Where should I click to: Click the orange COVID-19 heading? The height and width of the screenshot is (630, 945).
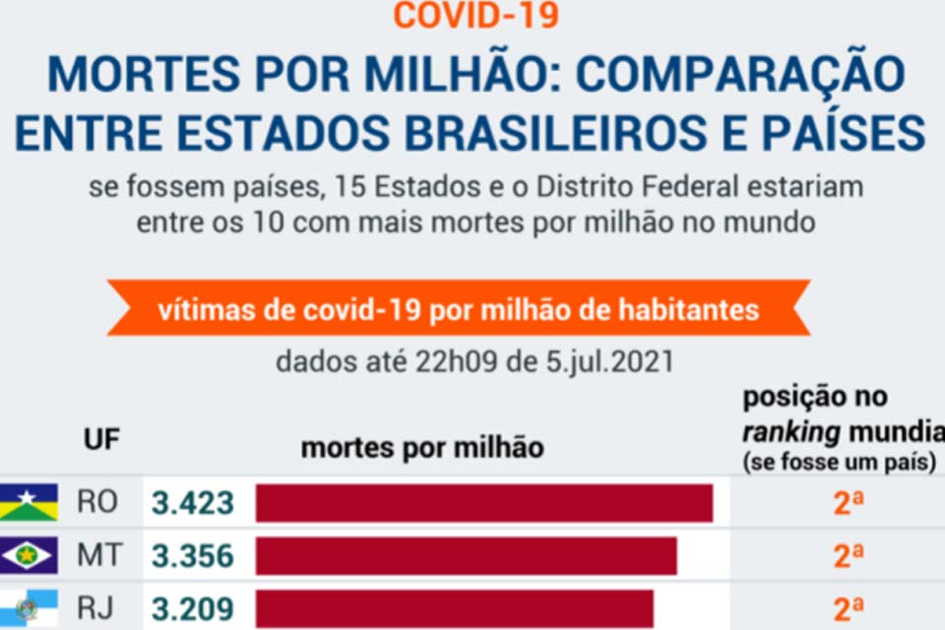coord(475,15)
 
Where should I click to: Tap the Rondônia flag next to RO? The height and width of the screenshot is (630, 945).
coord(29,503)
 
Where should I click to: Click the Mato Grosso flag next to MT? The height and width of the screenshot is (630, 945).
coord(29,556)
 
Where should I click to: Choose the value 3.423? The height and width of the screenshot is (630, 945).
coord(192,503)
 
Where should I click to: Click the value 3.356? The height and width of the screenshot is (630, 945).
coord(192,556)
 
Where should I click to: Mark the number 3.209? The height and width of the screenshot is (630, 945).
coord(192,608)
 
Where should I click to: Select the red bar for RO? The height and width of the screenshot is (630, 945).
coord(483,503)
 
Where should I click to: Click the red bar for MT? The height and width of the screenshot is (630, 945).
coord(466,556)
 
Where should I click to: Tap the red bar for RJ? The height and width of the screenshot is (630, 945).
coord(454,608)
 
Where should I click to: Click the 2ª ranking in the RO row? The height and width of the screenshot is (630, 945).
coord(849,503)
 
